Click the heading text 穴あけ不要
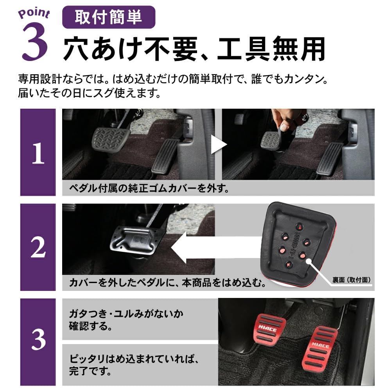(131, 48)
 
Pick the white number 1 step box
(38, 152)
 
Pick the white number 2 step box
(38, 247)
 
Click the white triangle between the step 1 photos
(218, 145)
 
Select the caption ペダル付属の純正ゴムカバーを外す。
(149, 189)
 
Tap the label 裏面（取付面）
(351, 280)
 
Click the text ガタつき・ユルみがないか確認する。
(126, 319)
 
